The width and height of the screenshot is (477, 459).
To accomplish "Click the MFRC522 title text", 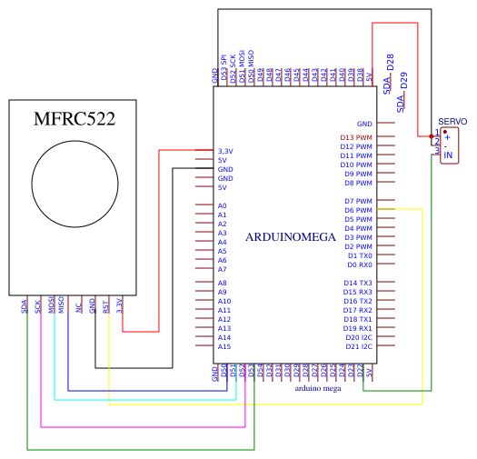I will coord(74,119).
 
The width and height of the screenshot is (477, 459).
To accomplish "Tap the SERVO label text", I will coord(452,121).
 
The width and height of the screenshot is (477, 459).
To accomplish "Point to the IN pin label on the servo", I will coord(447,155).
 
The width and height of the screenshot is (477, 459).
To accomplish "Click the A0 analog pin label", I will coord(223,206).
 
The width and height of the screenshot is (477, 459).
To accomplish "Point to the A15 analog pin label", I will coord(224,346).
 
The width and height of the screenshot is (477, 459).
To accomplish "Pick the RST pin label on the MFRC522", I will coord(106,307).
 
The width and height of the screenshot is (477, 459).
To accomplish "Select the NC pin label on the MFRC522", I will coord(79,307).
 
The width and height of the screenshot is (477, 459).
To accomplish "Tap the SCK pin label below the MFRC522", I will coord(38,306).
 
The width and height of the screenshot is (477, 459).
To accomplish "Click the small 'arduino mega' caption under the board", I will coord(318,387).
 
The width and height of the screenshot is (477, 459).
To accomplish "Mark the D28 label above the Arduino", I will coord(391,63).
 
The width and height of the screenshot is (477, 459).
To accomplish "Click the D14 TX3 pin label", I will coord(357,283).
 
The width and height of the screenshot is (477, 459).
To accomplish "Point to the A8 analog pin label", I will coord(223,283).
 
